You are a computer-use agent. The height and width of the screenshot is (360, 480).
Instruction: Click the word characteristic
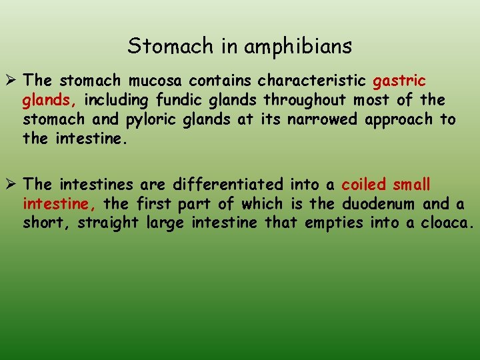(x=311, y=81)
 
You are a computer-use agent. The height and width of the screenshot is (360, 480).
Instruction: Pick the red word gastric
(x=399, y=81)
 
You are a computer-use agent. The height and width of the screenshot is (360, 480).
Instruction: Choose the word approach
(x=393, y=120)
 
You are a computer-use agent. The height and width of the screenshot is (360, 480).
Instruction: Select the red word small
(x=412, y=184)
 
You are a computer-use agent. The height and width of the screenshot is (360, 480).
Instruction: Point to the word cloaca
(x=447, y=223)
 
